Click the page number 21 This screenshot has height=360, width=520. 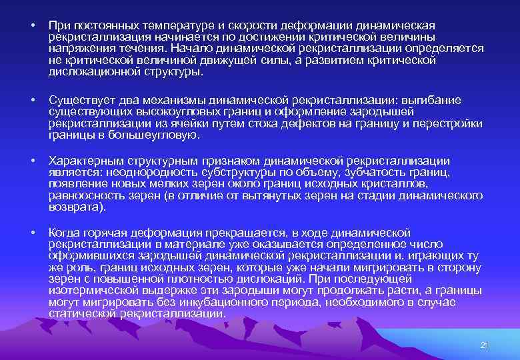(x=485, y=345)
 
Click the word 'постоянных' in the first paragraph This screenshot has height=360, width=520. (x=98, y=25)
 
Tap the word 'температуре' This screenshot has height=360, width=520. (x=165, y=25)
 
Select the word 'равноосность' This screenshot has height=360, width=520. (x=85, y=196)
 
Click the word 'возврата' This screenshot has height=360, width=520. (x=75, y=207)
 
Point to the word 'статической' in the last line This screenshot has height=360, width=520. (x=81, y=314)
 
